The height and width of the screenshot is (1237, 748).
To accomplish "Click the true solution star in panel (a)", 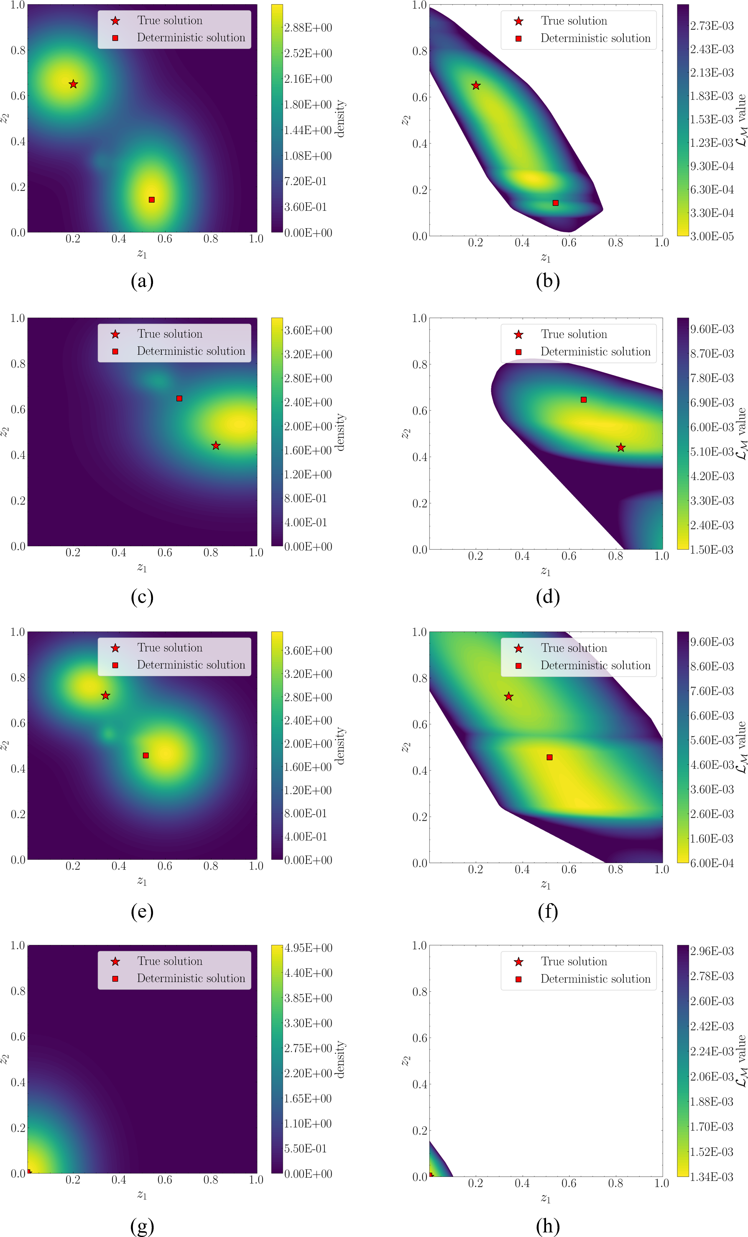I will coord(73,84).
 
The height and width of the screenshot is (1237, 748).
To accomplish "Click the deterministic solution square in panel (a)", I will coord(152,200).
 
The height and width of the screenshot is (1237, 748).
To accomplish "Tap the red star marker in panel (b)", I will coord(476,86).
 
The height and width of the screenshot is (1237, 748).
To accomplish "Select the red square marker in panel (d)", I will coord(584,400).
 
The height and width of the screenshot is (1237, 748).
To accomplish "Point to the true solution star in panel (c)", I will coord(215,445).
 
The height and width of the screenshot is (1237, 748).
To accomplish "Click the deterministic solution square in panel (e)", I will coord(146,755).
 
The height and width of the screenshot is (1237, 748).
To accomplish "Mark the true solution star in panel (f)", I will coord(509,696).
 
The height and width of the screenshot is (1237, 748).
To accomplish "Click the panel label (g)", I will coord(142,1227).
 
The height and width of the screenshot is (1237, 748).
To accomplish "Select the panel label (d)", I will coord(548,596).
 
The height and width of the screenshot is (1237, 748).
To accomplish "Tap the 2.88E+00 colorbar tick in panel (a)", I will coord(308,28).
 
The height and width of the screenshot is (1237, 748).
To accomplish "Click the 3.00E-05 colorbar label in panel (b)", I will coord(712,236).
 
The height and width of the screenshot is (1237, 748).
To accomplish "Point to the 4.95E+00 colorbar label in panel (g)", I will coord(308,948).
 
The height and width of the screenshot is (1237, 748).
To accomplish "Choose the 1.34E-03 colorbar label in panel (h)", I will coord(712,1176).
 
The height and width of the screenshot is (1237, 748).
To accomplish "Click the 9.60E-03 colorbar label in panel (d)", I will coord(712,329).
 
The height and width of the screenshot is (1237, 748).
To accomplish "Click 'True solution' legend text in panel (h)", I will coord(574,961).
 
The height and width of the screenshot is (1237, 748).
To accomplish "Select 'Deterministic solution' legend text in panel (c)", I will coord(191,351).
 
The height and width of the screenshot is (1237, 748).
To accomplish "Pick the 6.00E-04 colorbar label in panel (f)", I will coord(712,863).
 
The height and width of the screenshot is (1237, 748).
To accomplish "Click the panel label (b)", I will coord(548,281).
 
